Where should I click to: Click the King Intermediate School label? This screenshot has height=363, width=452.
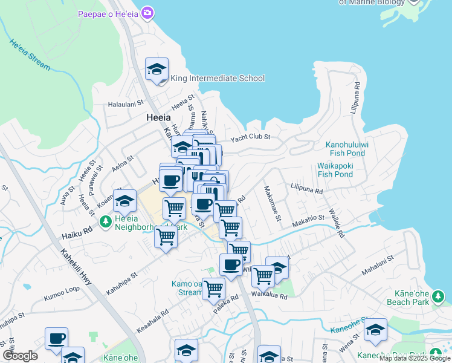(218, 78)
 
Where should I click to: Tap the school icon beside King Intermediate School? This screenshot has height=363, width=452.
(157, 69)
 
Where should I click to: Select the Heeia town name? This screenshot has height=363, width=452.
(158, 118)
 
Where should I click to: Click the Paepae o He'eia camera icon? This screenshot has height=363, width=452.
(146, 13)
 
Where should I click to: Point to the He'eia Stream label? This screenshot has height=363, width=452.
(30, 54)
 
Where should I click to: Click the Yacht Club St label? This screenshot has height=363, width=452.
(250, 137)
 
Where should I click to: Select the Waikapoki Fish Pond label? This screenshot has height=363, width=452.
(335, 170)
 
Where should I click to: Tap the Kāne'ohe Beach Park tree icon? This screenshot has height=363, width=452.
(438, 297)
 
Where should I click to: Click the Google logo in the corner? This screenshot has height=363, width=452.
(20, 356)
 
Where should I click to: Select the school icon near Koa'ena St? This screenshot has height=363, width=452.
(125, 201)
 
